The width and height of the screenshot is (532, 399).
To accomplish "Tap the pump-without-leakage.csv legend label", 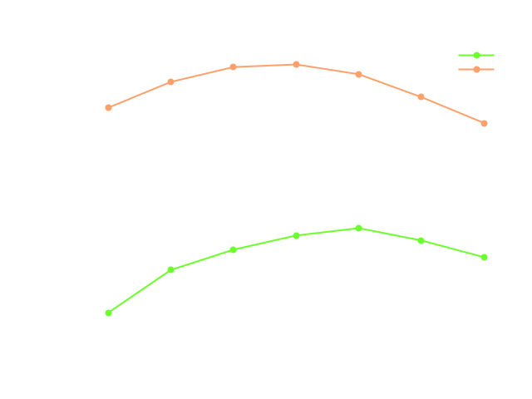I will coord(368,70).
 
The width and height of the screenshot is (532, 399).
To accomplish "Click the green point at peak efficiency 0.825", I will coord(358,228).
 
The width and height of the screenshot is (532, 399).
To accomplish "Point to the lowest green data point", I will coord(108,313).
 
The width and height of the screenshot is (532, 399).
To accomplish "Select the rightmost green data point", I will coord(484,257).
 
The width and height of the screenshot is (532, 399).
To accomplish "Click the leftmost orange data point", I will coord(108,107).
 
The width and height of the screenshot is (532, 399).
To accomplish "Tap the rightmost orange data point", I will coord(484,123).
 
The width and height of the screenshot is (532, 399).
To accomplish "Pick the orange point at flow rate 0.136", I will coord(170,81).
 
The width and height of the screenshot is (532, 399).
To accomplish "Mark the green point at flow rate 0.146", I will coord(233,249).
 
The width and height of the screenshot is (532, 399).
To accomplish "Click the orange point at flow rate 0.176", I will coord(421,96).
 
